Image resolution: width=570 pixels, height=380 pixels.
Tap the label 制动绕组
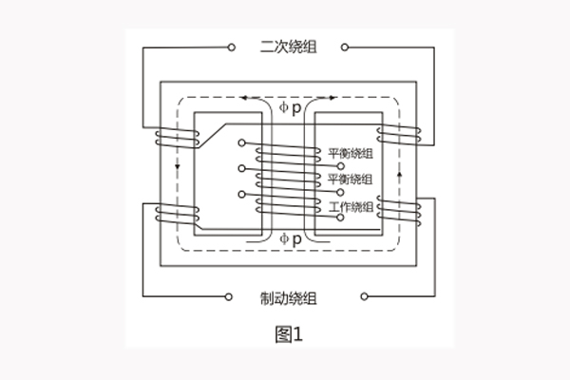288,297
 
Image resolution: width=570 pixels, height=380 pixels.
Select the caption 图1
287,333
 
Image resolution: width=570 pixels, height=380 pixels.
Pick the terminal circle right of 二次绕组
345,45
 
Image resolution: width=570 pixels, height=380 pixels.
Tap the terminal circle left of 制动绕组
229,296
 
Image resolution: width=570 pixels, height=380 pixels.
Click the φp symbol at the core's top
288,108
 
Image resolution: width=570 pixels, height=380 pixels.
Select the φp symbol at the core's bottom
290,238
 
